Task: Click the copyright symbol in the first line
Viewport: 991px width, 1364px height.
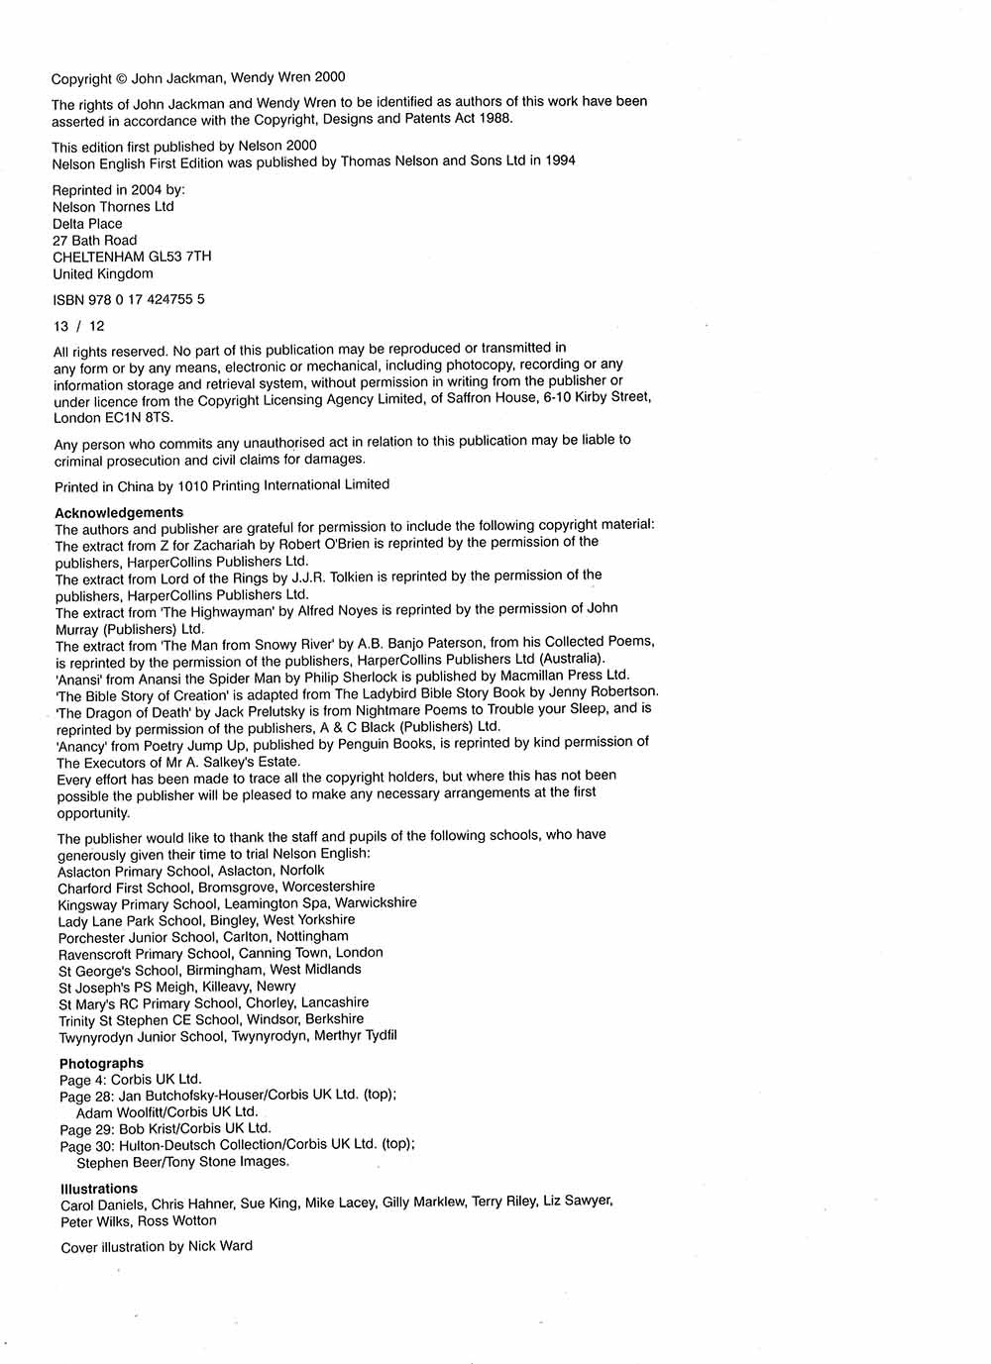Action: point(122,78)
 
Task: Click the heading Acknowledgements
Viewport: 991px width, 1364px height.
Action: point(119,512)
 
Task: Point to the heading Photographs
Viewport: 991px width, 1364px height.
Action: point(101,1063)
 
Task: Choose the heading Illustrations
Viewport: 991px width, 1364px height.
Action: point(99,1189)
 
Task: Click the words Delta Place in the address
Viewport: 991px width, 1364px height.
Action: point(87,224)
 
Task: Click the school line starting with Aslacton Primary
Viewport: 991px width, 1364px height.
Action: point(190,871)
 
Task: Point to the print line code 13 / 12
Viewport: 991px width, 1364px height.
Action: point(78,326)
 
